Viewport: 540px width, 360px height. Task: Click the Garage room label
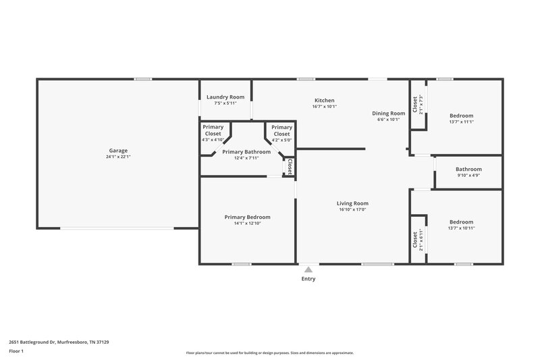click(118, 151)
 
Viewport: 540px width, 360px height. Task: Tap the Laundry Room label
click(225, 97)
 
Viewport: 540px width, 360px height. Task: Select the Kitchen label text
click(325, 100)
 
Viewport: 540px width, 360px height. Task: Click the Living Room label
click(352, 203)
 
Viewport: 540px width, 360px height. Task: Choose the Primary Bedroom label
click(247, 217)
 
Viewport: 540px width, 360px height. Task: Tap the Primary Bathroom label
click(246, 152)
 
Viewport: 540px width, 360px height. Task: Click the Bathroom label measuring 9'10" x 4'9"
click(468, 169)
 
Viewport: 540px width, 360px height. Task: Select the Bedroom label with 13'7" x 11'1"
click(461, 115)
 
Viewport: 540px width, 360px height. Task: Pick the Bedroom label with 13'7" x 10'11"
click(461, 222)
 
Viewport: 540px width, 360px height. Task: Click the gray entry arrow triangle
click(308, 269)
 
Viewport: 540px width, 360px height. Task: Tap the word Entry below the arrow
click(308, 278)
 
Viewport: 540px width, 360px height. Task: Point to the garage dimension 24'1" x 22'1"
click(118, 157)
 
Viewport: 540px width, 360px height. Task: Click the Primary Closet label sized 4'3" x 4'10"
click(213, 130)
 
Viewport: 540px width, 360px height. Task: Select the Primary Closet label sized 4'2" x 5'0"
click(281, 130)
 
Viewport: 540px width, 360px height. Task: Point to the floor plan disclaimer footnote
click(269, 353)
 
